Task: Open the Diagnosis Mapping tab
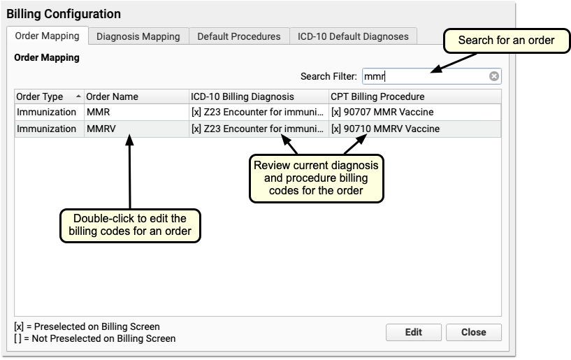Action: click(x=138, y=36)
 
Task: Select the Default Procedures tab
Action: click(x=238, y=36)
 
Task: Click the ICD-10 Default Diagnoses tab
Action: click(x=353, y=36)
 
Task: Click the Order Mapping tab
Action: click(x=48, y=36)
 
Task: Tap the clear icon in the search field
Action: click(x=493, y=76)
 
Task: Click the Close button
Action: click(x=473, y=332)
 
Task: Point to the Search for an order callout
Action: click(x=505, y=41)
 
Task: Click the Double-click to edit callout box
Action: click(x=129, y=225)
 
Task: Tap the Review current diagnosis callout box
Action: click(x=317, y=178)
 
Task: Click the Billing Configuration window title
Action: click(x=64, y=14)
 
